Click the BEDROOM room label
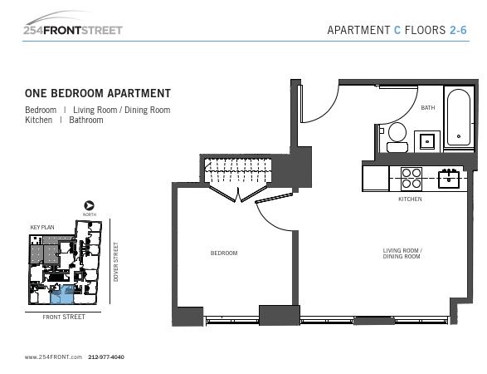click(224, 253)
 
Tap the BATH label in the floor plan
click(427, 108)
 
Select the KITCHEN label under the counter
click(410, 199)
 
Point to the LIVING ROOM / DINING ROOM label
click(402, 253)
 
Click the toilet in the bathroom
click(397, 137)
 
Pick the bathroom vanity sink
click(427, 141)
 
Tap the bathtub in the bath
click(459, 118)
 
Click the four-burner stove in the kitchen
click(412, 179)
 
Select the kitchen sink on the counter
click(449, 179)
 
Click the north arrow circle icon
click(89, 205)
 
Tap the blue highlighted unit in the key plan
click(62, 294)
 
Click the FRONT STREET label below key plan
click(64, 317)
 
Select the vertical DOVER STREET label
click(116, 262)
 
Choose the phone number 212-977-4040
click(106, 357)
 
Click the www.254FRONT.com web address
click(53, 357)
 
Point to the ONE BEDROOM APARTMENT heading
click(98, 93)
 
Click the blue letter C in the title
click(397, 30)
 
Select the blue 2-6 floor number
click(458, 30)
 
